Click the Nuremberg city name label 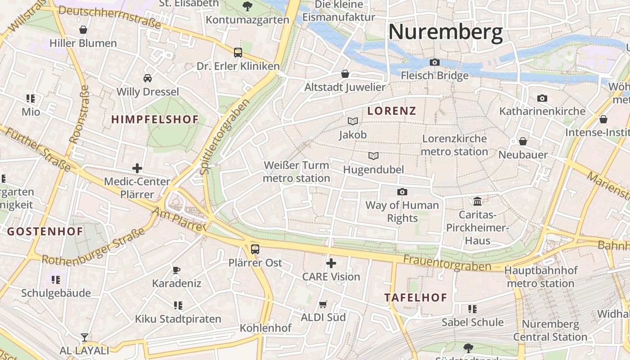click(x=445, y=32)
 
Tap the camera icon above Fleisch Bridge click(x=435, y=63)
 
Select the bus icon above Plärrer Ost click(x=255, y=249)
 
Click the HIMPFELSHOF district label click(x=155, y=120)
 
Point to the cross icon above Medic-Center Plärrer click(x=137, y=168)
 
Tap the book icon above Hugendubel click(x=373, y=156)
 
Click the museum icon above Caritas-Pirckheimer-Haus click(x=477, y=201)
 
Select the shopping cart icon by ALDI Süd click(x=323, y=305)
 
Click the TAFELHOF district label click(x=416, y=297)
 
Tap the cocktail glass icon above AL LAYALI click(x=84, y=337)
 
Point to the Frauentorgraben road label click(x=447, y=263)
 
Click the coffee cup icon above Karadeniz click(x=176, y=270)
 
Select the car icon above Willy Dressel click(x=148, y=78)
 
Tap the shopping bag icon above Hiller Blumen click(x=83, y=30)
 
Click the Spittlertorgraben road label click(x=224, y=137)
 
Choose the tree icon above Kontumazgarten click(x=247, y=6)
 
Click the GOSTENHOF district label click(x=45, y=232)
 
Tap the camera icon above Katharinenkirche click(x=542, y=98)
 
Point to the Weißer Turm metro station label click(x=297, y=172)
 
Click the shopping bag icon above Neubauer click(x=523, y=141)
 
